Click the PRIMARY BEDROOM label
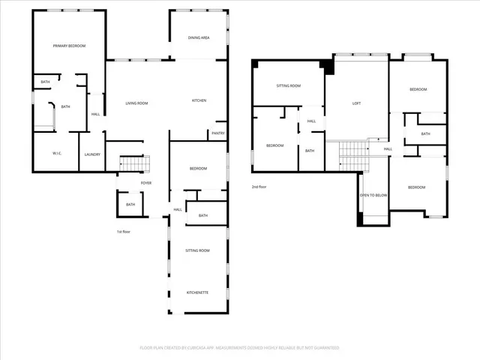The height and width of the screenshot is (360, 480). (69, 46)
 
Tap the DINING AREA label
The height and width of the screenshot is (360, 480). (199, 37)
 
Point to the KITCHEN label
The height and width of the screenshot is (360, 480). (199, 100)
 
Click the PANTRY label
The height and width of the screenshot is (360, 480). (218, 133)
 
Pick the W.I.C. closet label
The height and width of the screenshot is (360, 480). (57, 154)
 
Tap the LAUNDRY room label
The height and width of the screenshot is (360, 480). (92, 154)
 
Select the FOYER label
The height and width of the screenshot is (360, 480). (145, 182)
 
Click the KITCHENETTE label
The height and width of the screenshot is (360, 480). (198, 292)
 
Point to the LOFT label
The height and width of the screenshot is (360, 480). (357, 103)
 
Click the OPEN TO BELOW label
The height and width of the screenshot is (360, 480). (373, 195)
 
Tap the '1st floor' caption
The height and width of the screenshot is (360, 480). (124, 232)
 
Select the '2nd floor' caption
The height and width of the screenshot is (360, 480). (259, 187)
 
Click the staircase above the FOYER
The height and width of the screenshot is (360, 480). (135, 163)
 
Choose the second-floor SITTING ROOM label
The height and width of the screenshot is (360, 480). (289, 86)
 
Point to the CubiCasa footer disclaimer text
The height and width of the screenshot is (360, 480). (240, 348)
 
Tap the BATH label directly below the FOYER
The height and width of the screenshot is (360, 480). (130, 205)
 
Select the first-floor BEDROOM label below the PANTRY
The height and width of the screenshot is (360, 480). (198, 169)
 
